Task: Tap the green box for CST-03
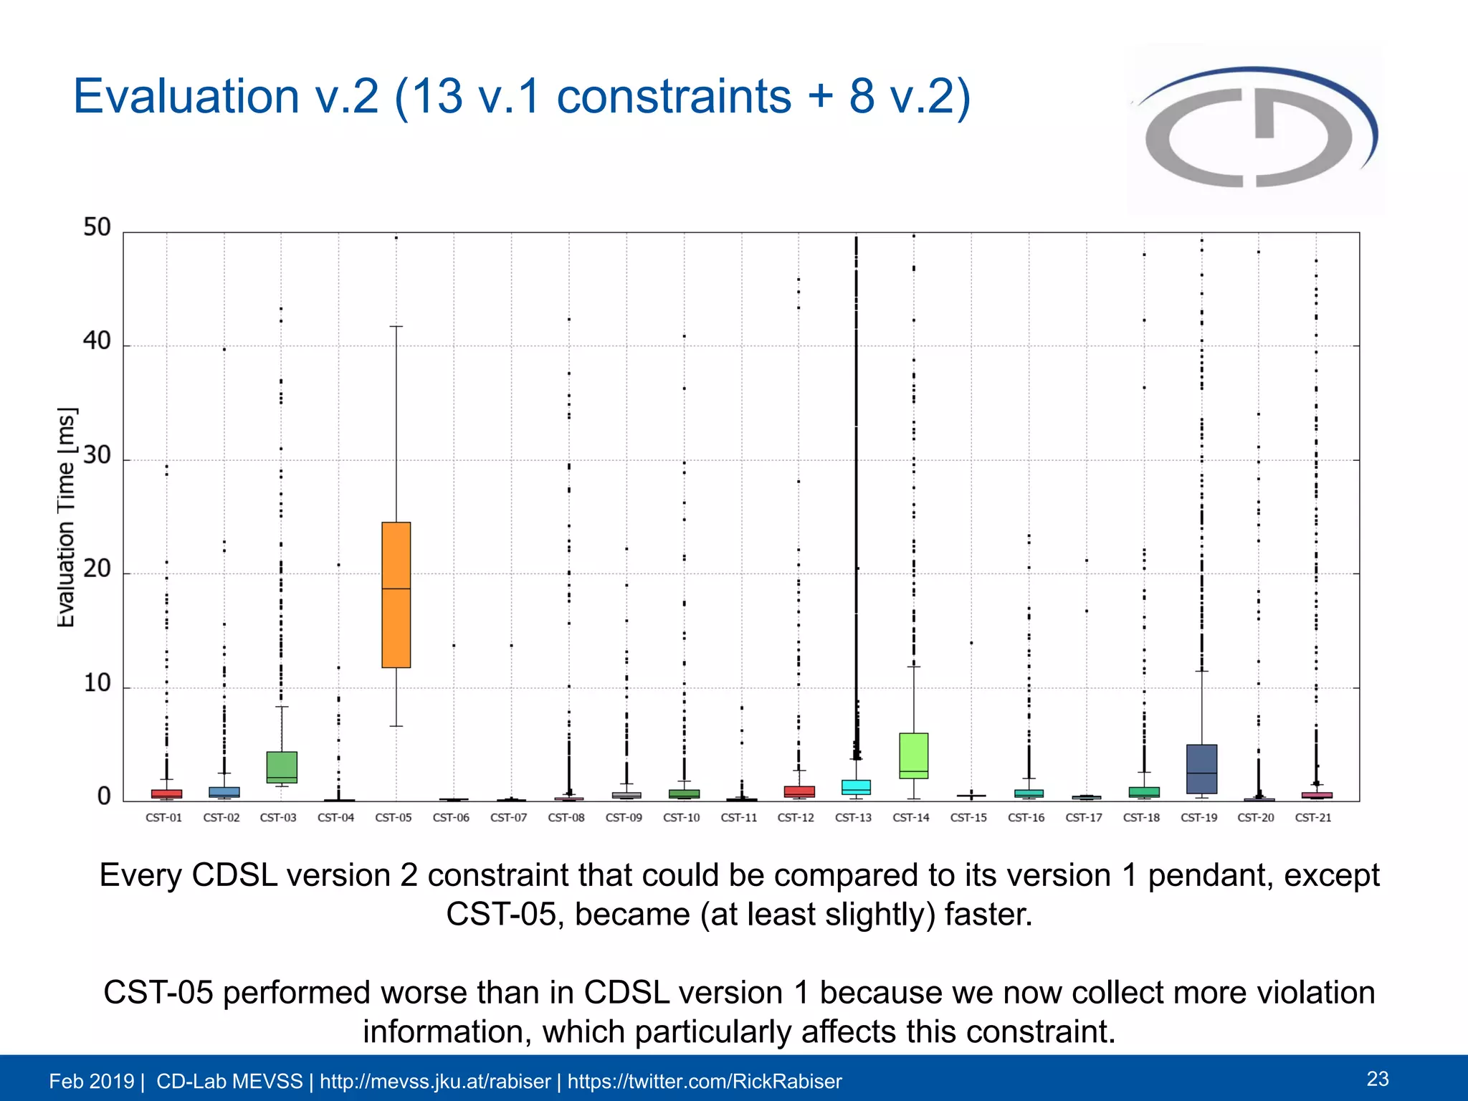click(x=282, y=766)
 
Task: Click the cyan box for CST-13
click(x=856, y=786)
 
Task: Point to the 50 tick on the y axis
click(x=97, y=227)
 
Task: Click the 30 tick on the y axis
click(x=97, y=455)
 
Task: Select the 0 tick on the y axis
click(x=104, y=796)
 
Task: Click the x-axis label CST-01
click(x=163, y=817)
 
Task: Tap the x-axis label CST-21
click(x=1312, y=817)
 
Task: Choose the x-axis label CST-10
click(x=681, y=817)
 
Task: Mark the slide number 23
click(x=1377, y=1079)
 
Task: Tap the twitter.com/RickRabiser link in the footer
click(x=704, y=1081)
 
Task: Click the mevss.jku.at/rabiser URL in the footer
click(x=434, y=1081)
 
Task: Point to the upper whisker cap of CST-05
click(x=396, y=327)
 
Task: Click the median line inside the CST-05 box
click(x=396, y=588)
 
